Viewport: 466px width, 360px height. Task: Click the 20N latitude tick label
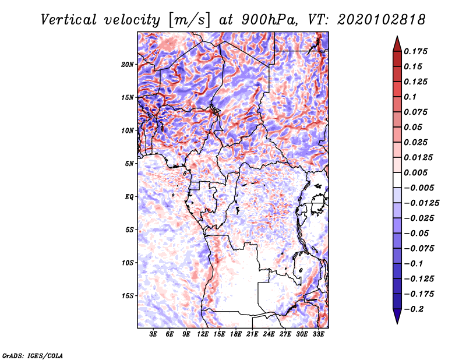(128, 64)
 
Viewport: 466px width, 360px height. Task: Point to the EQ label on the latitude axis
(129, 196)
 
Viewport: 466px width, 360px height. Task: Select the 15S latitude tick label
(128, 295)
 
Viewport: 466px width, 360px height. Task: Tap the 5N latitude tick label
(129, 164)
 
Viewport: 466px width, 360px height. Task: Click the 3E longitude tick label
(154, 334)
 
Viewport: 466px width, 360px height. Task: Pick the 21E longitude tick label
(252, 334)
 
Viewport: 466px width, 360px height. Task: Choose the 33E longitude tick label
(318, 334)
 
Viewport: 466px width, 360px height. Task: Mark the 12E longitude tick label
(203, 334)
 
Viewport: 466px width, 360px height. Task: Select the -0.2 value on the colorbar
(415, 309)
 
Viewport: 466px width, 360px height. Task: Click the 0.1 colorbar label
(412, 97)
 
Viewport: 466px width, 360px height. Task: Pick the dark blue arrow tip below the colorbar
(397, 318)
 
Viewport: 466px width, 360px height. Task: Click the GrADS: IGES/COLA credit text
(33, 354)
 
